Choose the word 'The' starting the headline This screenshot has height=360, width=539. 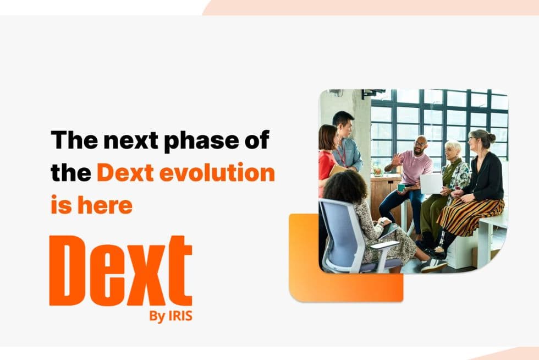(x=70, y=140)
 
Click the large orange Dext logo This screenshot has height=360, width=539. (x=120, y=271)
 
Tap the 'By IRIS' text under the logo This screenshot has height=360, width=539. (x=170, y=317)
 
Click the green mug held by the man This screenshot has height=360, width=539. (x=402, y=187)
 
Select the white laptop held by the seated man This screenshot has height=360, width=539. (x=431, y=183)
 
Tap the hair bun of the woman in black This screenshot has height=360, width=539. (x=491, y=137)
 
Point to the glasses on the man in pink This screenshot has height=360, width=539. (x=420, y=144)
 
